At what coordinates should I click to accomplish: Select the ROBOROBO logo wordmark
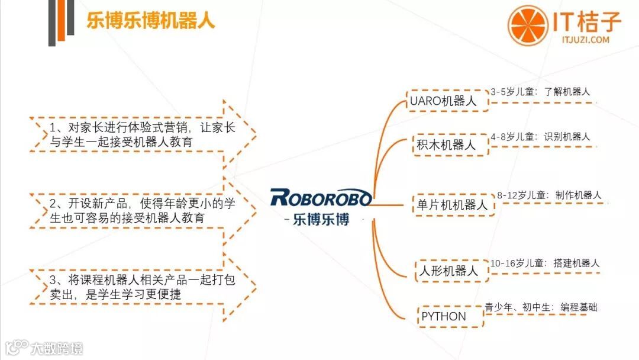tap(321, 197)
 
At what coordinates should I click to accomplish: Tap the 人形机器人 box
tap(448, 271)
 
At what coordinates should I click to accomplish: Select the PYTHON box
tap(444, 316)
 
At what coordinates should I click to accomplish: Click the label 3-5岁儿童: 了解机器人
tap(540, 92)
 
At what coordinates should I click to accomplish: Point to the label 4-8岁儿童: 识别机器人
tap(540, 136)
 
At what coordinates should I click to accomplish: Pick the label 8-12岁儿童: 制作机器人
tap(549, 195)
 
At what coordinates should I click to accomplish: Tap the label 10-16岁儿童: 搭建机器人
tap(545, 263)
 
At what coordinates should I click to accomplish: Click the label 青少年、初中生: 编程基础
tap(541, 307)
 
